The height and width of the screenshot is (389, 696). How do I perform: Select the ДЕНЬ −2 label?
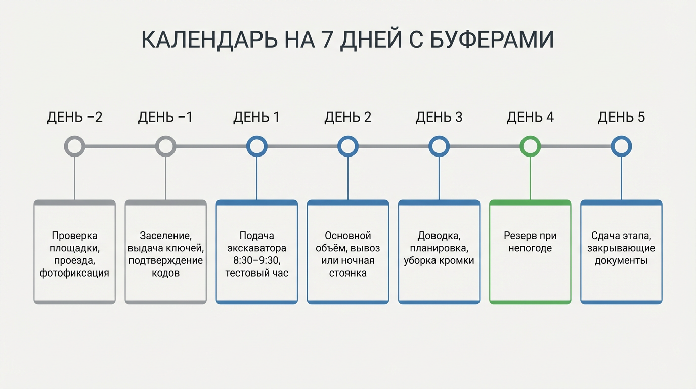74,118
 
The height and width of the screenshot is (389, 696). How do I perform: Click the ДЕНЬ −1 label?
165,118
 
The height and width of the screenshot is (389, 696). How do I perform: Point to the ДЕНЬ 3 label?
439,118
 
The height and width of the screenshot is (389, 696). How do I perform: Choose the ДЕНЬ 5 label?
621,118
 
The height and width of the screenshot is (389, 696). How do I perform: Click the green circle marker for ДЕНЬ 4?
530,146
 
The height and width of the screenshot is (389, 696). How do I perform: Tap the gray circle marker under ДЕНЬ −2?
74,146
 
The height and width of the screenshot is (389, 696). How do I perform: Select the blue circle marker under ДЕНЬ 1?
256,146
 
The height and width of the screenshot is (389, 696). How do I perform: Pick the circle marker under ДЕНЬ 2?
348,146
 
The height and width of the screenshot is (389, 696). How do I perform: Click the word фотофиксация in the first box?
74,273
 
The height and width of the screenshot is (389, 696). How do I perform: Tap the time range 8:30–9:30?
256,261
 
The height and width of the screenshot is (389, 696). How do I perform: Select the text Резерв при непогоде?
530,242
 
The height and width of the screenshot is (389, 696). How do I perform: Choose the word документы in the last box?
621,261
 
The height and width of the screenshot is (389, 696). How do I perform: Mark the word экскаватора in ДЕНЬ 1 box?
256,248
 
